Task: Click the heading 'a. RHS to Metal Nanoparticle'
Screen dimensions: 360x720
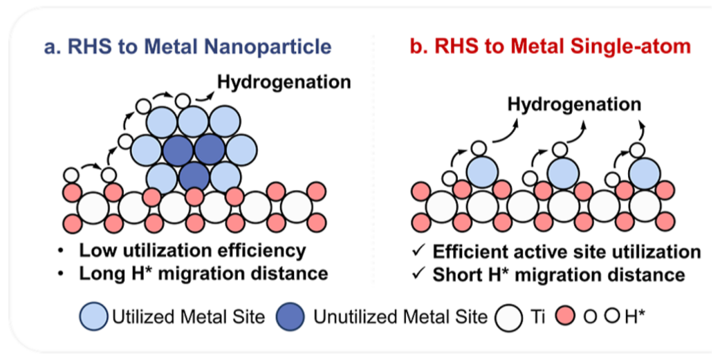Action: pos(188,47)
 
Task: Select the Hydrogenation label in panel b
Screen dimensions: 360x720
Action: pos(574,104)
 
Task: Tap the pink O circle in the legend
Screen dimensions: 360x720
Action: pos(567,317)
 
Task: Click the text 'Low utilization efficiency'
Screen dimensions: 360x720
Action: pos(192,251)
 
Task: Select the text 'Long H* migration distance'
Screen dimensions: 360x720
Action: pos(203,273)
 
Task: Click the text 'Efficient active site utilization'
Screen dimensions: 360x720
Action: pos(566,251)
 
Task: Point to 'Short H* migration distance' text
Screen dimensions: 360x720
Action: pos(559,274)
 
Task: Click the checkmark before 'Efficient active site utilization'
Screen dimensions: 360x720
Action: pos(418,251)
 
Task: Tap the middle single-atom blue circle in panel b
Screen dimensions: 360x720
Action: pos(561,173)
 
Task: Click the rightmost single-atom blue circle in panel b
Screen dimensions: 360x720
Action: pos(643,173)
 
